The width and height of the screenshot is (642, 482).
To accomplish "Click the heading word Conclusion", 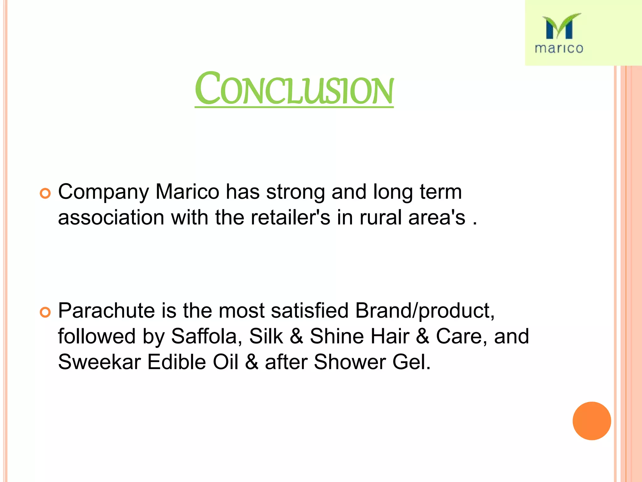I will click(x=294, y=89).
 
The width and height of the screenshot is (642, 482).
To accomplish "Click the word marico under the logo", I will click(x=559, y=48).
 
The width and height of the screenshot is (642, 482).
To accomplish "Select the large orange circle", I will click(x=592, y=421).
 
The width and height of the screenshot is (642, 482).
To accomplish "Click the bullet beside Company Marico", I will click(x=45, y=193).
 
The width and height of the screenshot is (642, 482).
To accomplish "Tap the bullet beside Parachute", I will click(x=45, y=312).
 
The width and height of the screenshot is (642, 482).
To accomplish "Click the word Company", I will click(x=103, y=192).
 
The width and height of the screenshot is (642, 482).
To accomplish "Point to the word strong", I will click(x=295, y=192).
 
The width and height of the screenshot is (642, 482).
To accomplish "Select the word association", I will click(x=111, y=217).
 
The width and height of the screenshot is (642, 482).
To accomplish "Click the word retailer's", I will click(x=290, y=217).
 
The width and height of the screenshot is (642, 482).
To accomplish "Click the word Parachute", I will click(x=107, y=311).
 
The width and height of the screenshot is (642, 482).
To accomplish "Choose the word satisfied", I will click(x=310, y=311).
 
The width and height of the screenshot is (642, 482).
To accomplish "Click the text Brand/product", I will click(x=425, y=311).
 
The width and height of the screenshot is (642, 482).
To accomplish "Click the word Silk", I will click(x=266, y=336).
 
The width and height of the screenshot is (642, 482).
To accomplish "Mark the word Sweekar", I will click(x=99, y=362).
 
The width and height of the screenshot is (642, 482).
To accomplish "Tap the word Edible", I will click(x=176, y=362).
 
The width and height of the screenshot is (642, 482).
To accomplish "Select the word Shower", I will click(x=350, y=362).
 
